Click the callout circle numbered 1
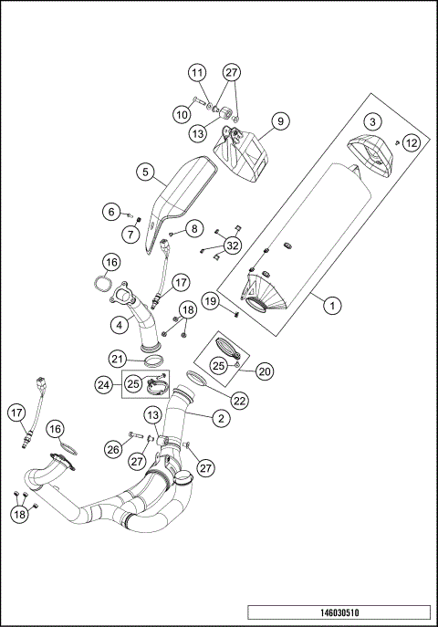[x=334, y=307]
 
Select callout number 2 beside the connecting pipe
[x=219, y=419]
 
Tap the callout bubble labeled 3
[x=372, y=121]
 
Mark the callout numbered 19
[x=209, y=300]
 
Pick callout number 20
[x=265, y=371]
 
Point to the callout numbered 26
[x=113, y=448]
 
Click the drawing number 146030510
[x=339, y=613]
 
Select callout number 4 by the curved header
[x=120, y=323]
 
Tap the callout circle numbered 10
[x=182, y=113]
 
